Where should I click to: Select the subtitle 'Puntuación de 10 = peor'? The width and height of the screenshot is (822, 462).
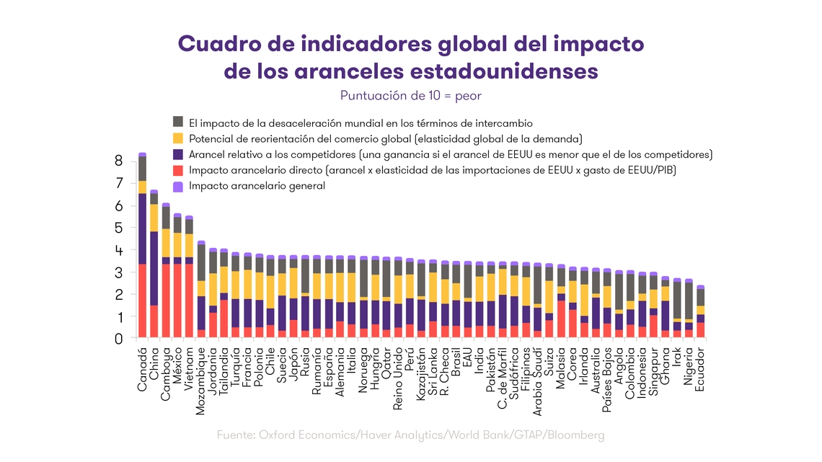pos(410,96)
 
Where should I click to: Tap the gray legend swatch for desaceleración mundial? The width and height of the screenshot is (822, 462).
pos(178,123)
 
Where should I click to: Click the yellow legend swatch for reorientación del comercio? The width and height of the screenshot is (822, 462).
pos(178,138)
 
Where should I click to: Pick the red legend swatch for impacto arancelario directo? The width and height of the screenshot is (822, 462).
pos(178,170)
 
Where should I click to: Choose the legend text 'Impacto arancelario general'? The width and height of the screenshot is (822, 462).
pos(257,186)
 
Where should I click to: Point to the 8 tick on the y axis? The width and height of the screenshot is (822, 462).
pos(119,161)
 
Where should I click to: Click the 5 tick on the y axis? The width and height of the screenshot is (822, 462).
pos(119,228)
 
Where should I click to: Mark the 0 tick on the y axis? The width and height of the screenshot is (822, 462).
pos(119,338)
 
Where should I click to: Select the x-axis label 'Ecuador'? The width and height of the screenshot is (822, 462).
pos(700,369)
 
